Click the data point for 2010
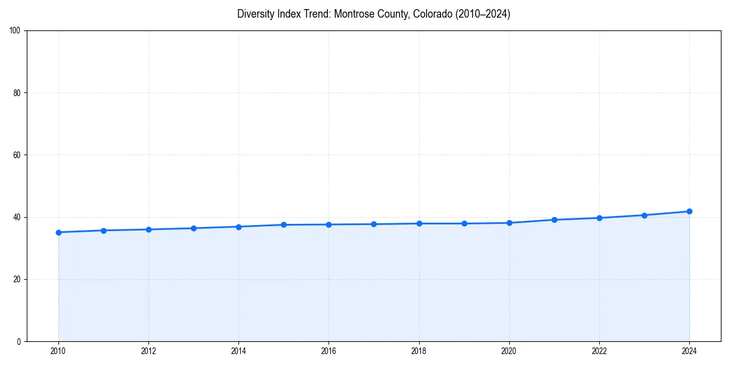point(58,232)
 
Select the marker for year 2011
point(103,231)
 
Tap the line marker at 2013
point(193,228)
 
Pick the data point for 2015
point(283,225)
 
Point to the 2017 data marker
point(374,224)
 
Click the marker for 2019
point(464,223)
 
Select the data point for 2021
point(554,220)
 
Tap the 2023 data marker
point(644,215)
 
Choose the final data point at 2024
point(689,211)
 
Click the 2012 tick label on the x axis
point(148,351)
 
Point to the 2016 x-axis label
point(328,351)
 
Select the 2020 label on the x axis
point(509,351)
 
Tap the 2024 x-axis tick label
point(689,351)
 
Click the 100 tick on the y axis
point(16,31)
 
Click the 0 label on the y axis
point(19,341)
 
